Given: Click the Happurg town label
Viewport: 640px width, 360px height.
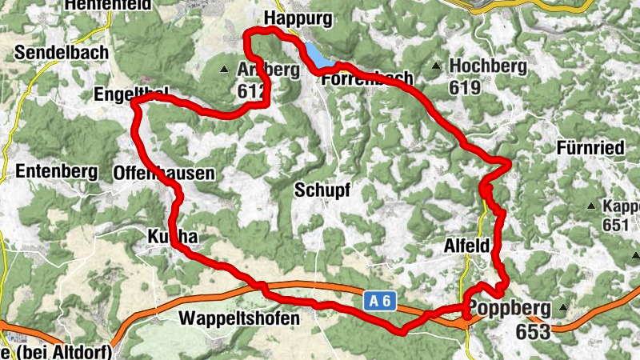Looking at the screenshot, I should (x=297, y=17).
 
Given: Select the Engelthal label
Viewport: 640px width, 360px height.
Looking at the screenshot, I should (x=130, y=94).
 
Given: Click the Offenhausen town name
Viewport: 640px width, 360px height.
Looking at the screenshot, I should (x=165, y=172).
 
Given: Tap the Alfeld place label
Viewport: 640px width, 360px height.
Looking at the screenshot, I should (x=466, y=248).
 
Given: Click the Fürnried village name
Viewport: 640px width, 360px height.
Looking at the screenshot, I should (x=592, y=147).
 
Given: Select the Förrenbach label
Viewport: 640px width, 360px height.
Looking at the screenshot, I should (x=367, y=78).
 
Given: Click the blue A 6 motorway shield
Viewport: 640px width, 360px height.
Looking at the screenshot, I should (x=381, y=302).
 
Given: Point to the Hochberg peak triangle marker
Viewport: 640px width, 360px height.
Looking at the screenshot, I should (x=436, y=66).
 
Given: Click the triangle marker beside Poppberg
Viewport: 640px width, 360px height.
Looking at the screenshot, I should (x=563, y=308).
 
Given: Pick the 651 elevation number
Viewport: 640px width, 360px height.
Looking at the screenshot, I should (x=615, y=225).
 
